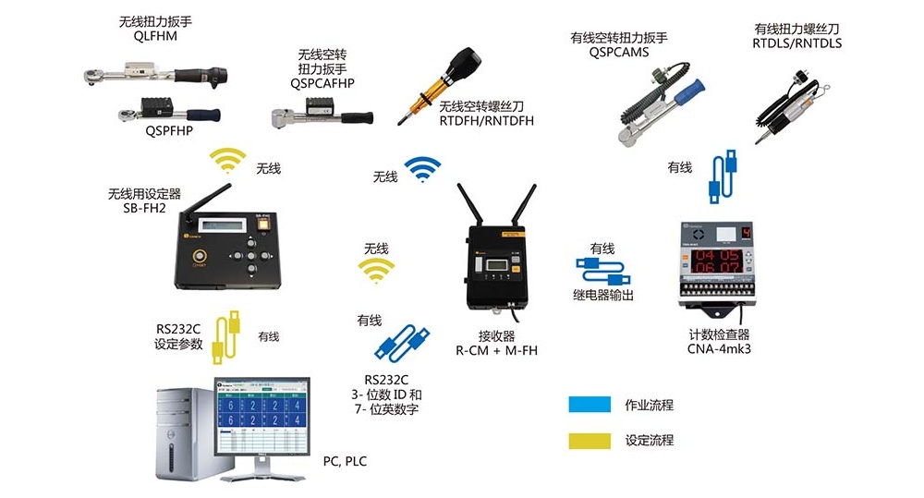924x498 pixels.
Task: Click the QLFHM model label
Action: [155, 37]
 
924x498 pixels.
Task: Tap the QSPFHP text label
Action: [168, 130]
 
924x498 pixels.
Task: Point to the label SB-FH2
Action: [145, 208]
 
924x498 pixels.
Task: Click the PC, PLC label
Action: [344, 461]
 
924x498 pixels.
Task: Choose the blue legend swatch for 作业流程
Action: [590, 405]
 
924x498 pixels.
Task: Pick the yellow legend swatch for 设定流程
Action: [590, 440]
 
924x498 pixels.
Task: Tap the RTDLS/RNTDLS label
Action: [797, 43]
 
